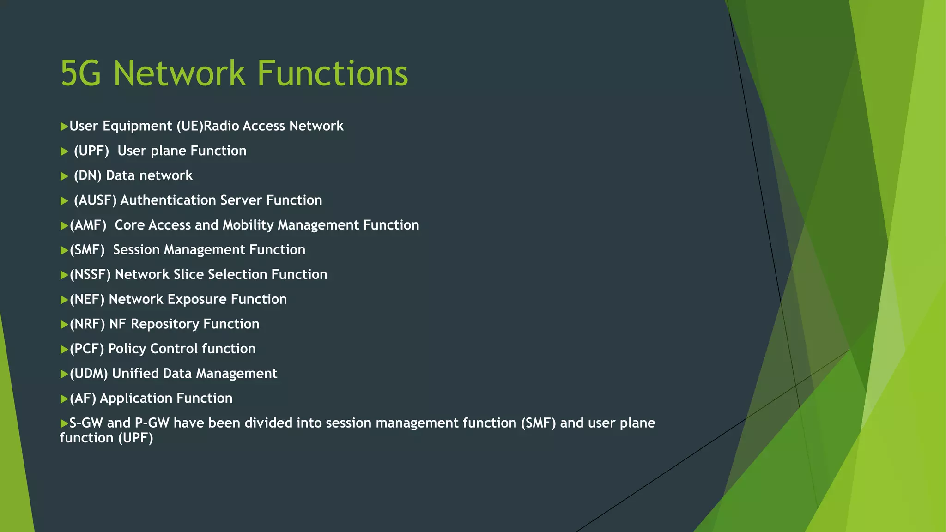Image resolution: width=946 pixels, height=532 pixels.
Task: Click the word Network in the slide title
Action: [x=179, y=73]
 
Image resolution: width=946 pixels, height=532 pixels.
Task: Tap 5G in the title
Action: [x=81, y=73]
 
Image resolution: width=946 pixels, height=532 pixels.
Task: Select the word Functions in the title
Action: [x=332, y=73]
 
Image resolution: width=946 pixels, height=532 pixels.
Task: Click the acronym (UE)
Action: [x=190, y=126]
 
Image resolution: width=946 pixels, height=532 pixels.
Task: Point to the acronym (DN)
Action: [x=87, y=175]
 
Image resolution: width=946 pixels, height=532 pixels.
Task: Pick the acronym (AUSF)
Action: [x=95, y=200]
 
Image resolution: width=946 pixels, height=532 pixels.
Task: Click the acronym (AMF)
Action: [x=88, y=225]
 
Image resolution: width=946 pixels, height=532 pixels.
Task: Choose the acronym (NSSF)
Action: [x=90, y=275]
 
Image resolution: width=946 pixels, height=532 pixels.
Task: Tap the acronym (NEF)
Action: [x=87, y=300]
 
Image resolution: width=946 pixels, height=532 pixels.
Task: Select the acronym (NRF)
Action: [x=87, y=324]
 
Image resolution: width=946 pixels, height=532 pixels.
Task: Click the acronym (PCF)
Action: [x=87, y=349]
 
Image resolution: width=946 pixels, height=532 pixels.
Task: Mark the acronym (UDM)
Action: [x=89, y=374]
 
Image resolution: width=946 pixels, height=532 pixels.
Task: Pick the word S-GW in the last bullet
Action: [x=86, y=423]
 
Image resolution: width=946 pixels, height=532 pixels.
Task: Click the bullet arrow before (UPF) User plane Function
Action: [x=64, y=151]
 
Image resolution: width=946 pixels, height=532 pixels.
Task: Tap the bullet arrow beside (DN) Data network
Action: [x=64, y=176]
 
